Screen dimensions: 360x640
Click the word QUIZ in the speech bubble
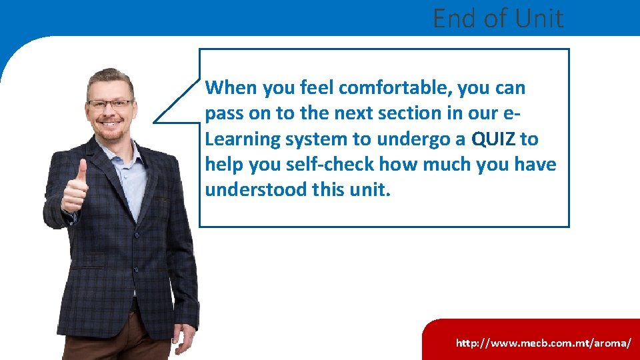493,139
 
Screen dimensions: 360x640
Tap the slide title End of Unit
497,18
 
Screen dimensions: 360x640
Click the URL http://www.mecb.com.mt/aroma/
543,343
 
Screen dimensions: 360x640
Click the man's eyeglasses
110,104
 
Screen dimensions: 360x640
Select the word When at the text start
231,88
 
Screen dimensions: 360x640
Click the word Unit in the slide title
537,18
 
